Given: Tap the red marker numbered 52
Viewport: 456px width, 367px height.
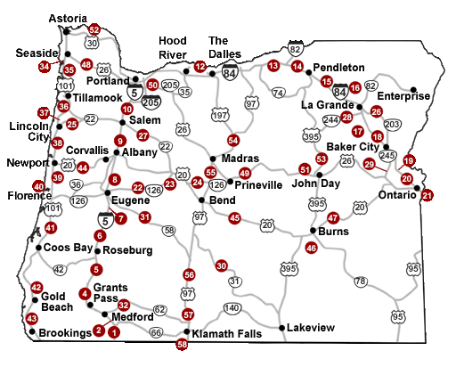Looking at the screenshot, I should (94, 30).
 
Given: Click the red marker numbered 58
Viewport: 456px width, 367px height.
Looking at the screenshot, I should (183, 344).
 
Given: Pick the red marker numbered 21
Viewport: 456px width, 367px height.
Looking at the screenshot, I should (427, 195).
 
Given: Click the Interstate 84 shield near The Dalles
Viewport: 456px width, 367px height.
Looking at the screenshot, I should (230, 75).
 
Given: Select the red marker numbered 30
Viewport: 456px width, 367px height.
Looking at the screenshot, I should (221, 265).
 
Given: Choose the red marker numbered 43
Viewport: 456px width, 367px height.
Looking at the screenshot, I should (32, 318).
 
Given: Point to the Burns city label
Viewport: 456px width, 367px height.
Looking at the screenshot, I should (332, 231).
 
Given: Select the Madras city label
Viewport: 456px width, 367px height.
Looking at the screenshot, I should (240, 158).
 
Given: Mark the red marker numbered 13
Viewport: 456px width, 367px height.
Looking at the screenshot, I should (273, 66).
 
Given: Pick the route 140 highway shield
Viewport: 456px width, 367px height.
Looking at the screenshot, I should (232, 308).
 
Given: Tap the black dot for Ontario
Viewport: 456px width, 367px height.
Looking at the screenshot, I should (416, 187).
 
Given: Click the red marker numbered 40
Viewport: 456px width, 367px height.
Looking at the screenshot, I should (38, 186).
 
